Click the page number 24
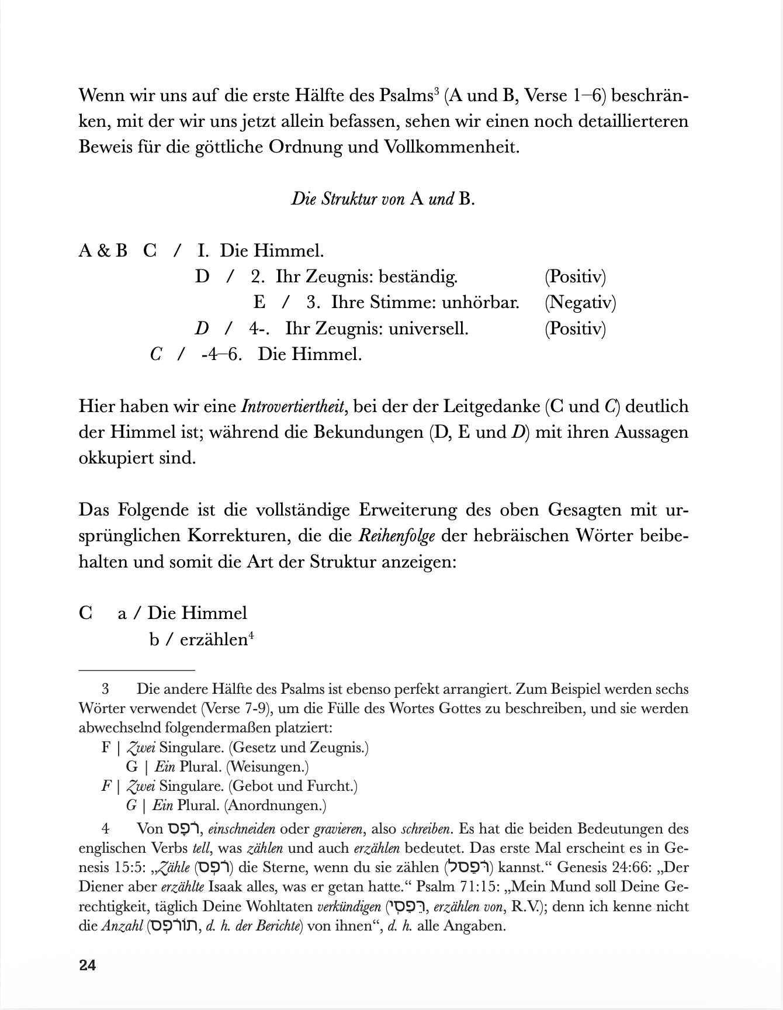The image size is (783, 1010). pyautogui.click(x=87, y=965)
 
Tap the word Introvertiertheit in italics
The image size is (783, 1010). pyautogui.click(x=292, y=406)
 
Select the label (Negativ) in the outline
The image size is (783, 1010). pyautogui.click(x=580, y=302)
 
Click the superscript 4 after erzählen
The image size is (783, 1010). pyautogui.click(x=251, y=635)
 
